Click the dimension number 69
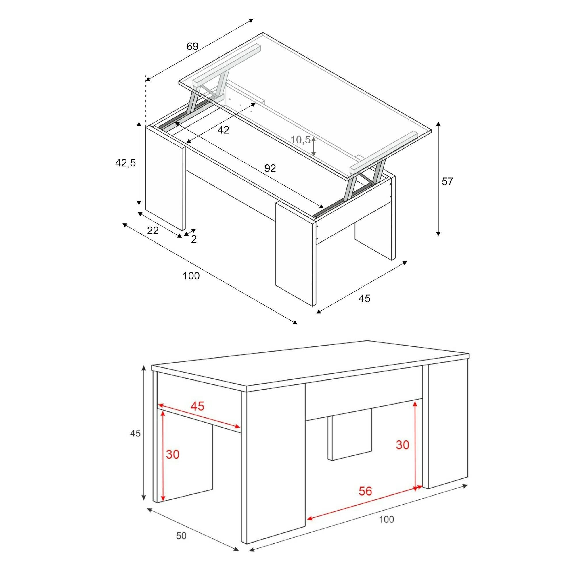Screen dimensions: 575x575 tap(192, 46)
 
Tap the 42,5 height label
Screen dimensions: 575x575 tap(125, 163)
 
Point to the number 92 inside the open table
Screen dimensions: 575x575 tap(270, 168)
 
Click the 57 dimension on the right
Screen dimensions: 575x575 tap(447, 181)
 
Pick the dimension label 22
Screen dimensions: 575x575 tap(153, 230)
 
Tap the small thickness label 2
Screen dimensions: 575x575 tap(194, 239)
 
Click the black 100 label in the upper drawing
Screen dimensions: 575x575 tap(191, 276)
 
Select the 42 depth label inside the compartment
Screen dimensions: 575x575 tap(223, 130)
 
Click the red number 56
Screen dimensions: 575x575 tap(365, 491)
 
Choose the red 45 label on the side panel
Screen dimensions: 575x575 tap(198, 406)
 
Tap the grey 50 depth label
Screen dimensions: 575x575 tap(181, 536)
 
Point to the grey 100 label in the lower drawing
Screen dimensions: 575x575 tap(386, 519)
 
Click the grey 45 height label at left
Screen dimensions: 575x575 tap(135, 434)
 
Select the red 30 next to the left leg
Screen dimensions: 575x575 tap(172, 455)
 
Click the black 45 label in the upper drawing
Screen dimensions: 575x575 tap(364, 298)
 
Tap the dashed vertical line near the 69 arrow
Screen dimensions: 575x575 tap(145, 101)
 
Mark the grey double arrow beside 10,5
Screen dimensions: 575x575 tap(313, 146)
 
